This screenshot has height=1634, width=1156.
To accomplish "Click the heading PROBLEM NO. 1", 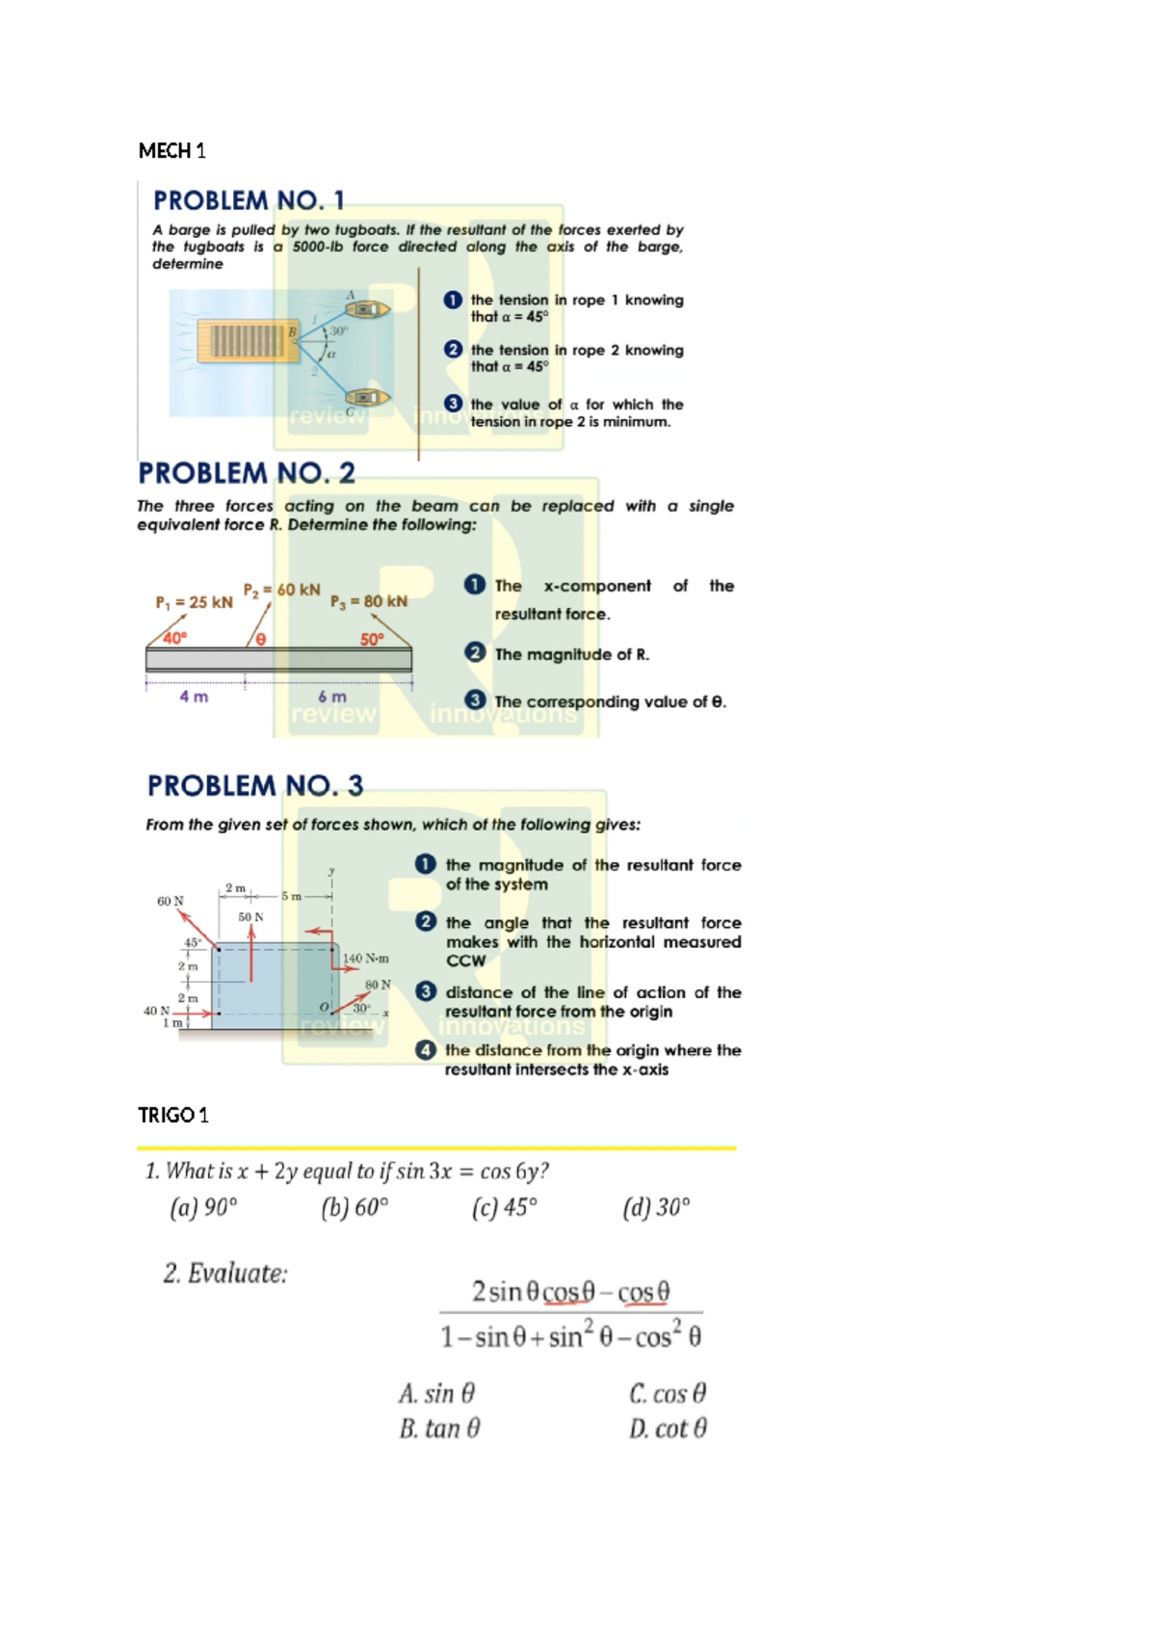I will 249,200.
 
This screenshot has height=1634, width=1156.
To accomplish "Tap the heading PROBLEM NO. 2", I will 247,473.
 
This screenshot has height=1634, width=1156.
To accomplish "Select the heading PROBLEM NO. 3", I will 255,786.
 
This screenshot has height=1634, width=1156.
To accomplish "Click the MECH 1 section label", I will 172,150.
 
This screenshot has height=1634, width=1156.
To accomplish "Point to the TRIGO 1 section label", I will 173,1115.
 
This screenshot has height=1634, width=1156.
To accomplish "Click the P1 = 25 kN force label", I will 194,602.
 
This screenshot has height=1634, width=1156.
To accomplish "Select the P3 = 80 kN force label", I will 369,601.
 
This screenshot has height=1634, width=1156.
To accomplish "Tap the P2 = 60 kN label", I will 281,590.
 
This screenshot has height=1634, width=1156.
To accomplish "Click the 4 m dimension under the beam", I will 194,697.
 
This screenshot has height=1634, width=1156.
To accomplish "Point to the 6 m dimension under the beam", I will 332,697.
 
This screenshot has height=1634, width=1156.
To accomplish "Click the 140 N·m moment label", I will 366,958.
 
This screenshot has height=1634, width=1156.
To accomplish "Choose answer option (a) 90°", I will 203,1207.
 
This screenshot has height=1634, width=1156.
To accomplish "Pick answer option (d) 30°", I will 656,1207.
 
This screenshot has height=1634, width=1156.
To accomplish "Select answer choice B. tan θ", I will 439,1428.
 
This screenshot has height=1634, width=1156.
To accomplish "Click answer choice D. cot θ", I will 668,1428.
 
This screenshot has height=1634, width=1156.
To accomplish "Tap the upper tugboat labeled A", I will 367,309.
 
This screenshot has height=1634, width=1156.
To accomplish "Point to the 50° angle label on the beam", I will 372,640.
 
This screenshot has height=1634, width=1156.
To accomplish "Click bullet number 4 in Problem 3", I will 426,1050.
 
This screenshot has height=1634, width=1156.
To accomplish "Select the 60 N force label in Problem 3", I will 171,901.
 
